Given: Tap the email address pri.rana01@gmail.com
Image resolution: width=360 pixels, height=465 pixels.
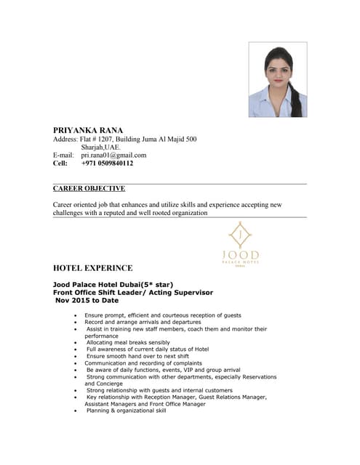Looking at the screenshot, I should point(113,155).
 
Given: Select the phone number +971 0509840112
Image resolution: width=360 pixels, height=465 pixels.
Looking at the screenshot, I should point(107,163).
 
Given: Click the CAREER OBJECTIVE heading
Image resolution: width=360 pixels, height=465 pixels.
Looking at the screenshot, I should point(89,188).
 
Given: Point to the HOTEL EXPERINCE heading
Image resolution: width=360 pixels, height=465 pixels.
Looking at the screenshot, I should point(92,268).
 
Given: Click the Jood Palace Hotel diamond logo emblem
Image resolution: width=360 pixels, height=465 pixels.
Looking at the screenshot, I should point(240,235).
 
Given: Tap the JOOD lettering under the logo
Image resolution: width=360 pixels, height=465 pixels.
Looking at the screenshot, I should point(240,254).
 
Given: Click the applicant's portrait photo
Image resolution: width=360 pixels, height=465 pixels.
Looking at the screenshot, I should point(278,79).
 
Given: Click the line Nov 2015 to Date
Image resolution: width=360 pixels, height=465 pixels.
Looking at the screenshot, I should point(87,299).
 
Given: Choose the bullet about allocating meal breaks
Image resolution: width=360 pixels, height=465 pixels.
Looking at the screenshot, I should point(128,342).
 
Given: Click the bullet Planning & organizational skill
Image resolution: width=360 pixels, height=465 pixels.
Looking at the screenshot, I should point(126,411).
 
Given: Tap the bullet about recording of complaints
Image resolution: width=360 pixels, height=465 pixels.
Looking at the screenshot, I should point(143,363).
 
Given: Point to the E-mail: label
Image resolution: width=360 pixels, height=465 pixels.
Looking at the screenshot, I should point(64,155).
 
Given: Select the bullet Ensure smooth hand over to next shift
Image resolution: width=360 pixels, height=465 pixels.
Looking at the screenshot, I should point(137,356).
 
